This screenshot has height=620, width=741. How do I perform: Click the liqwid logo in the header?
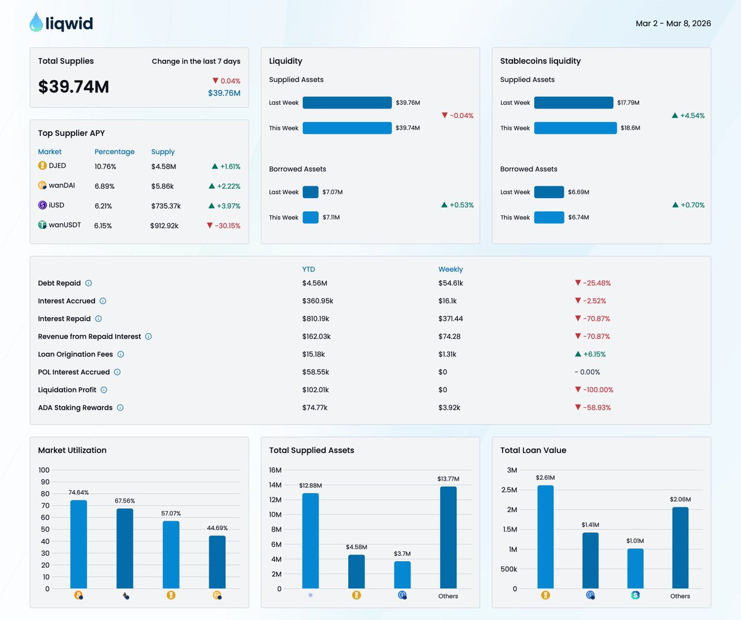point(61,23)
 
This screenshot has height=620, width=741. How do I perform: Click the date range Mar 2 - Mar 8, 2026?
point(673,23)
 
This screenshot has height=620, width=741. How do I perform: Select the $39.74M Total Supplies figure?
point(73,87)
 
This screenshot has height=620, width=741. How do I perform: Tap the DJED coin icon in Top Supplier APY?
point(43,166)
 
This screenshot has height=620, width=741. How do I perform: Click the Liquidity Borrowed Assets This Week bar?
point(311,217)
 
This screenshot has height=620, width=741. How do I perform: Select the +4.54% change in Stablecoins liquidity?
point(688,115)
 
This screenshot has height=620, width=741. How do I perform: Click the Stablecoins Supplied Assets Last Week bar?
point(574,103)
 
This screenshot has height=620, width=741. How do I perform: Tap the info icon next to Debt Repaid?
point(88,283)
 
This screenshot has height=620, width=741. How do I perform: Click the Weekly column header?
point(450,269)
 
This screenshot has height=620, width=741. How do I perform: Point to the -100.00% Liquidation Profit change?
point(593,390)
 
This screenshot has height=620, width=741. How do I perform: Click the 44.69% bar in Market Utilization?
point(217,562)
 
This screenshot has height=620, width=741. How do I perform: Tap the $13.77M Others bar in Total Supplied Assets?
point(448,537)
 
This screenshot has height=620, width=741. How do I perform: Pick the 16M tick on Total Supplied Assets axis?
point(274,470)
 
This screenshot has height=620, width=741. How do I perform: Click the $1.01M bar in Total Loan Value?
point(635,568)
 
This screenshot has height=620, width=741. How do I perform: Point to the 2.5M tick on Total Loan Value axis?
point(508,490)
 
